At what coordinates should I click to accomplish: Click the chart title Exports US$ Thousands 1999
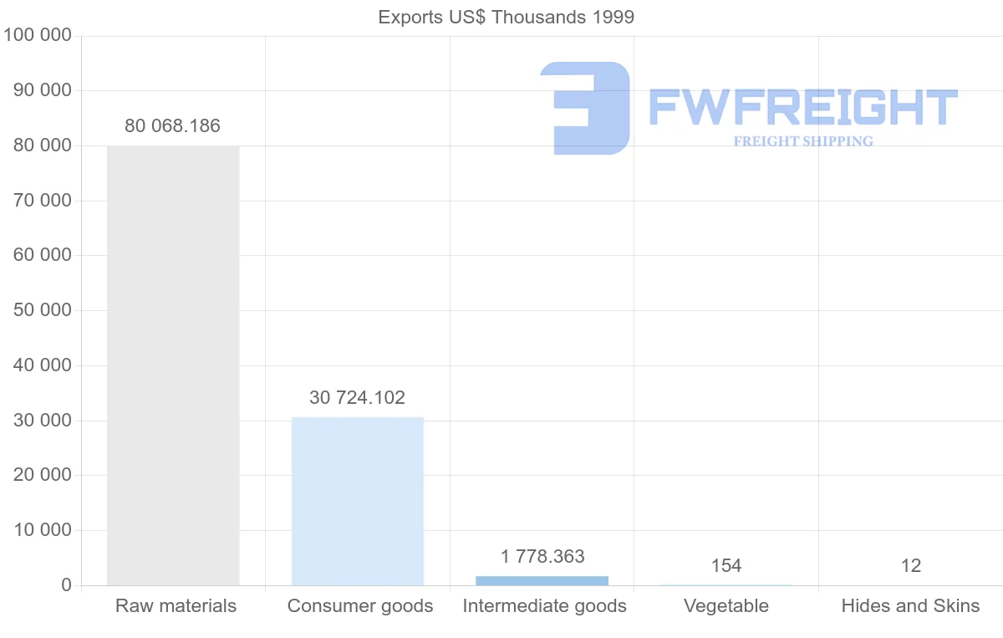tap(506, 17)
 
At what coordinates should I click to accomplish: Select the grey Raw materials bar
tap(173, 365)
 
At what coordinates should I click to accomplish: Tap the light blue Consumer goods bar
tap(358, 501)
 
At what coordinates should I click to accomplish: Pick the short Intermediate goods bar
tap(542, 580)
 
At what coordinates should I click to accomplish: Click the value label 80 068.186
tap(173, 126)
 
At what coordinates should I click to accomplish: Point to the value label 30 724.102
tap(357, 398)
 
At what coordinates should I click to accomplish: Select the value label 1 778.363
tap(542, 557)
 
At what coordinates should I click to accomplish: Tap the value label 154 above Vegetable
tap(726, 566)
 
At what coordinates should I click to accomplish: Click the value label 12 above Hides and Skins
tap(911, 566)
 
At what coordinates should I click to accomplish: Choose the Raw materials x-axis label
tap(176, 606)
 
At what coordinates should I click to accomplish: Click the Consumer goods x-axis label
tap(360, 606)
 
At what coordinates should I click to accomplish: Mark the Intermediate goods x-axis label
tap(545, 606)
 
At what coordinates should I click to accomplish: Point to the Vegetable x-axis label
tap(726, 606)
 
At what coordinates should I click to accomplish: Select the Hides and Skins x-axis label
tap(910, 606)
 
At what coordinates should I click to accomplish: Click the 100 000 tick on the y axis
tap(38, 36)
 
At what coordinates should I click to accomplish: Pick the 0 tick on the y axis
tap(66, 585)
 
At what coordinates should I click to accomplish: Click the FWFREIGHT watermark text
tap(802, 107)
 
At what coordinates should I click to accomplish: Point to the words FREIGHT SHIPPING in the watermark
tap(803, 141)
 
